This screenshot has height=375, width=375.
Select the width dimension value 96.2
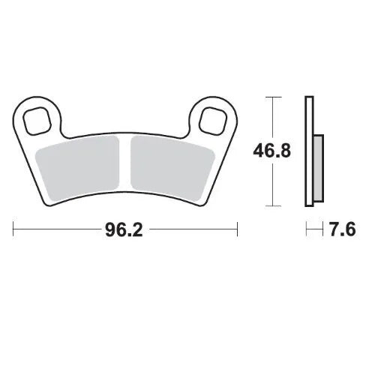click(x=124, y=227)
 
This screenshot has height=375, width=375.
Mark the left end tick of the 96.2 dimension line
click(x=13, y=227)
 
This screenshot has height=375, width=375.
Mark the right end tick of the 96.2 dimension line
click(x=237, y=227)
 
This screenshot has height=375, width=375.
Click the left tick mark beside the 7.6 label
click(x=305, y=227)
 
